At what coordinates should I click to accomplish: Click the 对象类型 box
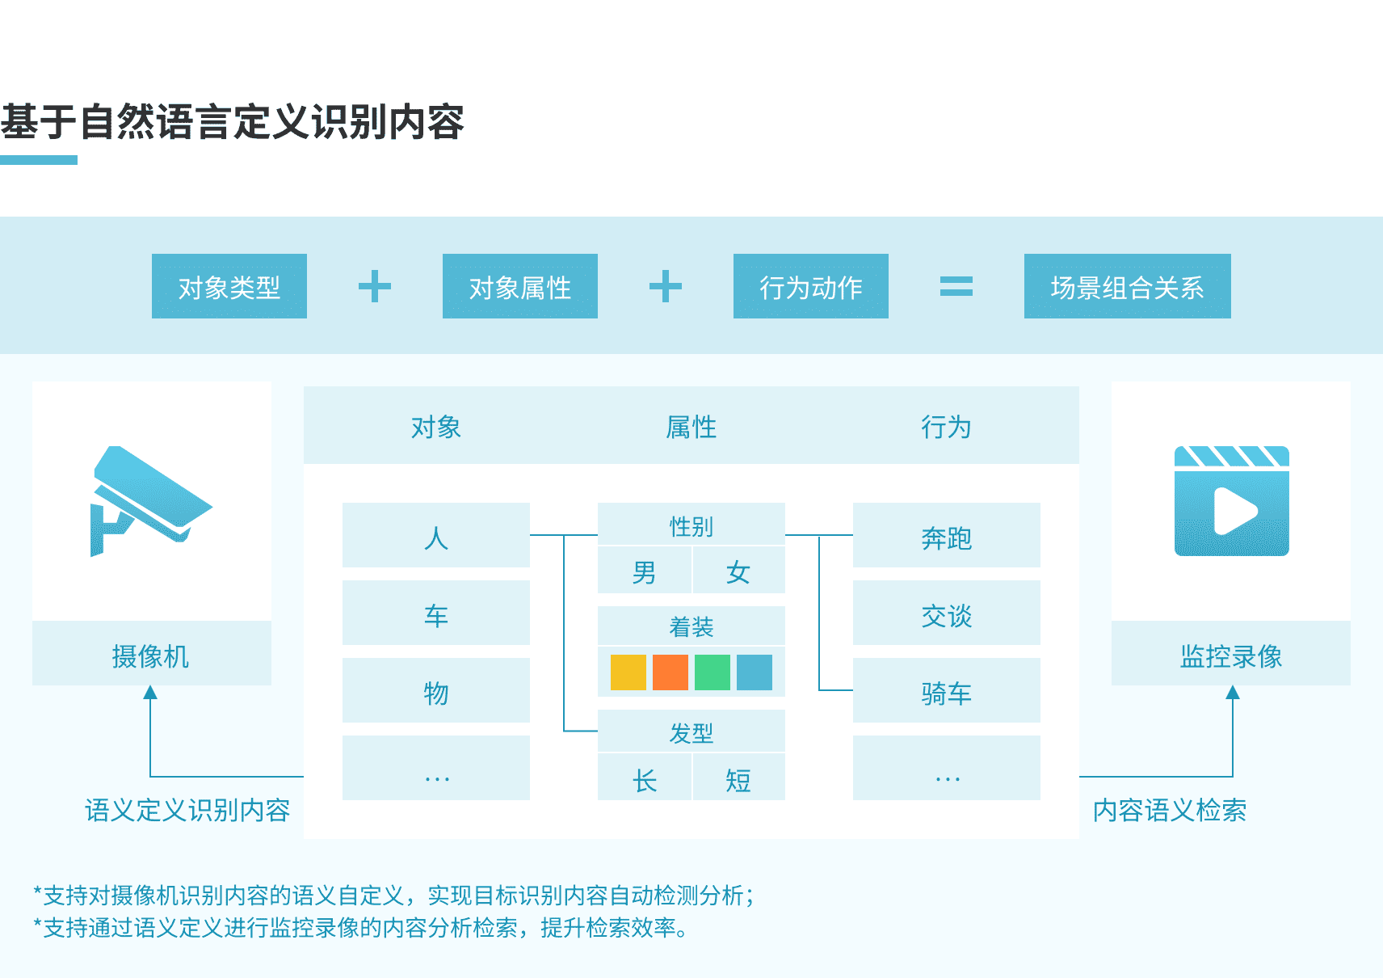pyautogui.click(x=229, y=286)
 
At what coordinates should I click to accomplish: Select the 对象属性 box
pyautogui.click(x=520, y=286)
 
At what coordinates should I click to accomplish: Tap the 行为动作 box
pyautogui.click(x=811, y=286)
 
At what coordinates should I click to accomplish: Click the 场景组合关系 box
pyautogui.click(x=1127, y=286)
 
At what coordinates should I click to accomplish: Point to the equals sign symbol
pyautogui.click(x=956, y=286)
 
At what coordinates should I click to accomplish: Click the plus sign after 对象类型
pyautogui.click(x=375, y=286)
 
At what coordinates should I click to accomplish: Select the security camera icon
pyautogui.click(x=149, y=500)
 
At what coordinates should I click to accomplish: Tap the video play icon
pyautogui.click(x=1232, y=501)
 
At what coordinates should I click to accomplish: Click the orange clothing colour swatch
pyautogui.click(x=670, y=672)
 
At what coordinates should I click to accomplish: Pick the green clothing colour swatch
pyautogui.click(x=713, y=672)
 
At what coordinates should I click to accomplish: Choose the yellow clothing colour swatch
pyautogui.click(x=628, y=672)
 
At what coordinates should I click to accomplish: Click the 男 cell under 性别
pyautogui.click(x=645, y=572)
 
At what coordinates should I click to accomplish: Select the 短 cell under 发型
pyautogui.click(x=738, y=779)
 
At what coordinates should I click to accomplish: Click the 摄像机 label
pyautogui.click(x=151, y=655)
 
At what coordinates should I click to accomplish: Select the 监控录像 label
pyautogui.click(x=1231, y=655)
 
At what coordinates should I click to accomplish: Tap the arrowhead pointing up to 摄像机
pyautogui.click(x=150, y=693)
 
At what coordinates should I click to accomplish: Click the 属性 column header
pyautogui.click(x=691, y=426)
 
